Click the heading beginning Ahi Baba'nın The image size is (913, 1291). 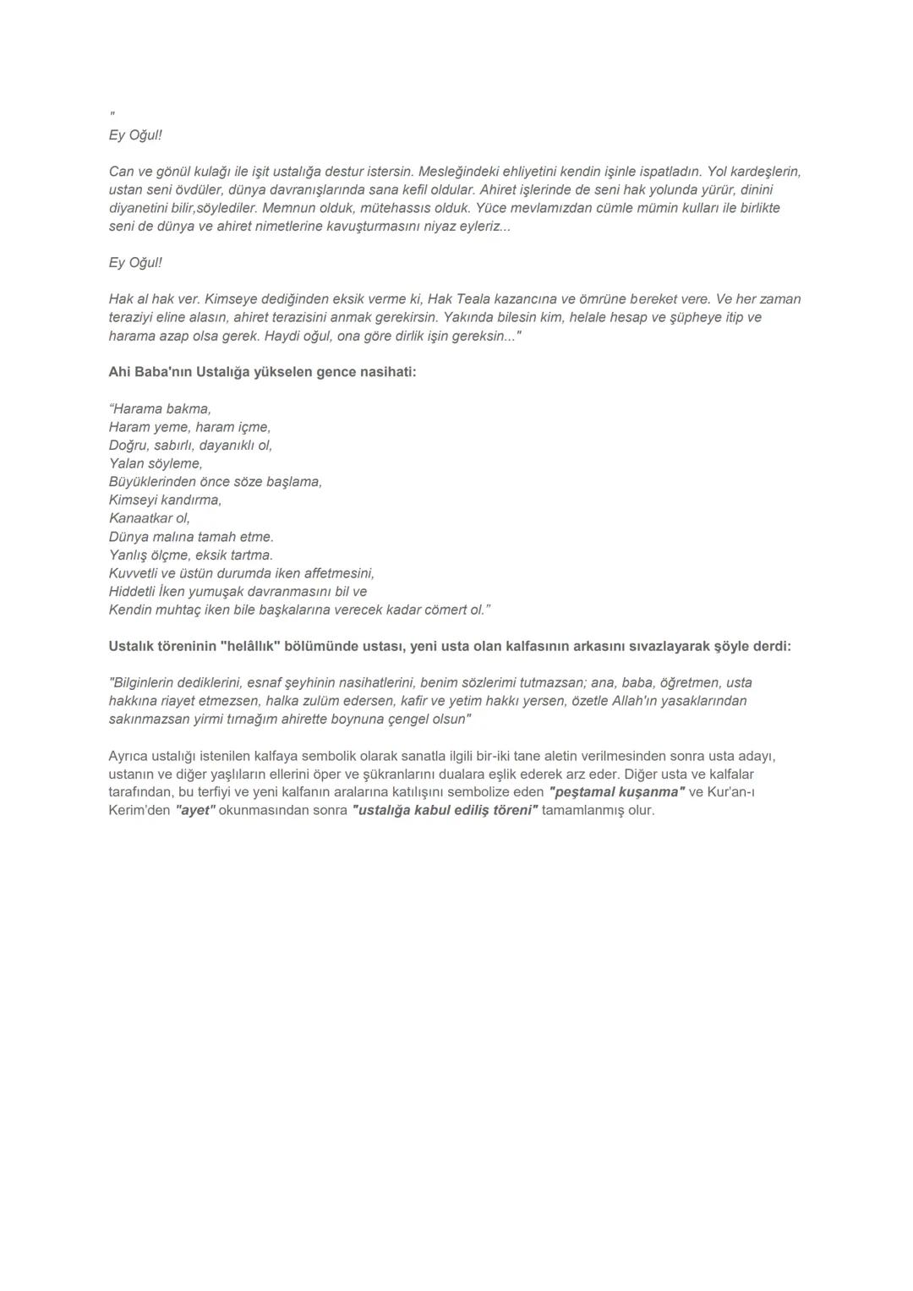[262, 372]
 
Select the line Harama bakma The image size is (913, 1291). [161, 409]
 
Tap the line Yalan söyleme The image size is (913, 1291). [156, 463]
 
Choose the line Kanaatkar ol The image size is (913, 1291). [150, 518]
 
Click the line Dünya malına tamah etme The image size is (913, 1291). [191, 537]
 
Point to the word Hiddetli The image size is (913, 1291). [132, 592]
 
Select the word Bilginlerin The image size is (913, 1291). [145, 683]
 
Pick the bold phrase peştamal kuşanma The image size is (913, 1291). [616, 792]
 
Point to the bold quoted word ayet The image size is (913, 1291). [195, 811]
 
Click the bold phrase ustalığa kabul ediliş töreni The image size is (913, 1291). [445, 811]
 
